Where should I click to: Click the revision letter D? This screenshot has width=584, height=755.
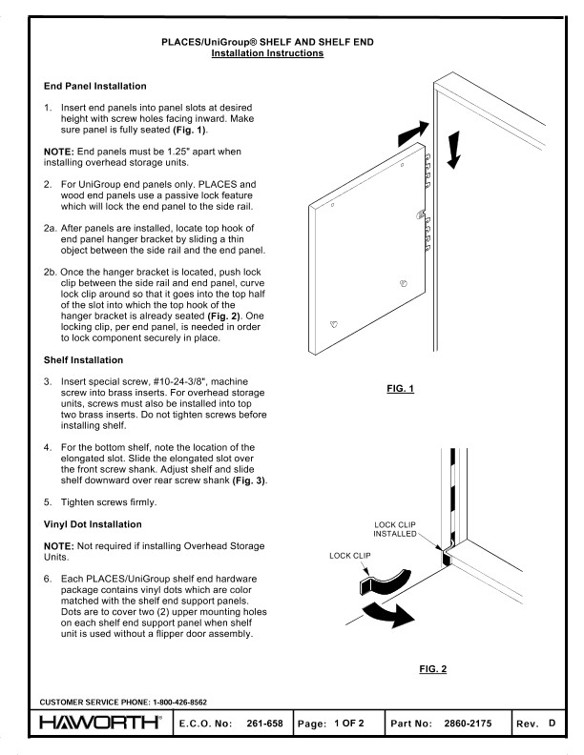click(x=552, y=725)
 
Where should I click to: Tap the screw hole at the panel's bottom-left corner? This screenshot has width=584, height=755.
click(x=333, y=324)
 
